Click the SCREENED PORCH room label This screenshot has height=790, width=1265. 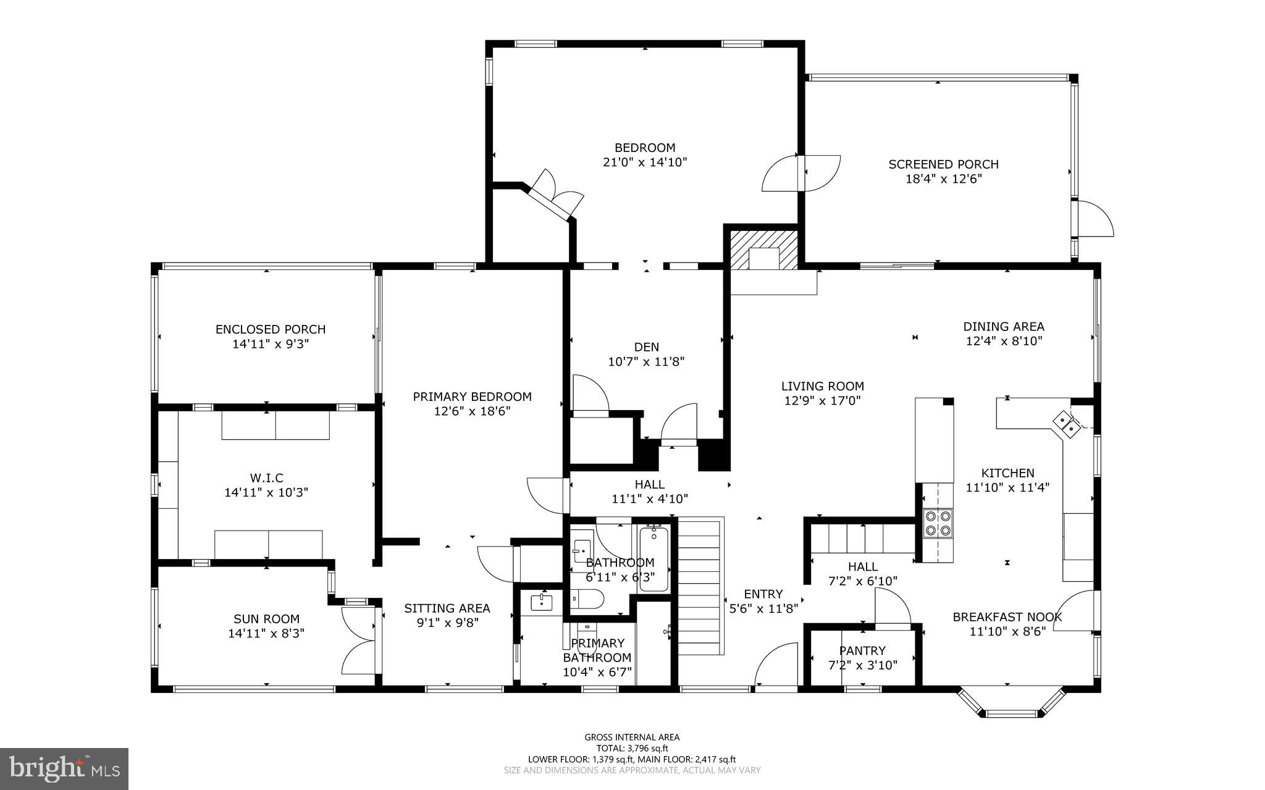click(x=943, y=164)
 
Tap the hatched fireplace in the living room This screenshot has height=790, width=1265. click(x=764, y=250)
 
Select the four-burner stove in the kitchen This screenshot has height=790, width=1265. click(x=938, y=523)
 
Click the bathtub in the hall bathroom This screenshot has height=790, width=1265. click(x=654, y=558)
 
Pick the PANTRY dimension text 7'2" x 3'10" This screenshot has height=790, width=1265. click(x=862, y=665)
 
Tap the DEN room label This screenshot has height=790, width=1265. click(x=646, y=347)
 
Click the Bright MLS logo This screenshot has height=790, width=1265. click(x=64, y=768)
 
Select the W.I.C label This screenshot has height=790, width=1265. click(x=266, y=478)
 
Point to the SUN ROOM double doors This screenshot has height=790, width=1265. click(x=358, y=640)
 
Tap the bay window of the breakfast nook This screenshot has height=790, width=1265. click(x=1011, y=702)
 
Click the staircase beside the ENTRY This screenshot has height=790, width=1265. click(x=701, y=587)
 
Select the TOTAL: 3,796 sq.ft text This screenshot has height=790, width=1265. click(x=632, y=748)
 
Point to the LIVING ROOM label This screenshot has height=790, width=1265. click(x=823, y=386)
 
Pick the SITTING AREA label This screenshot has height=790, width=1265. click(x=447, y=608)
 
